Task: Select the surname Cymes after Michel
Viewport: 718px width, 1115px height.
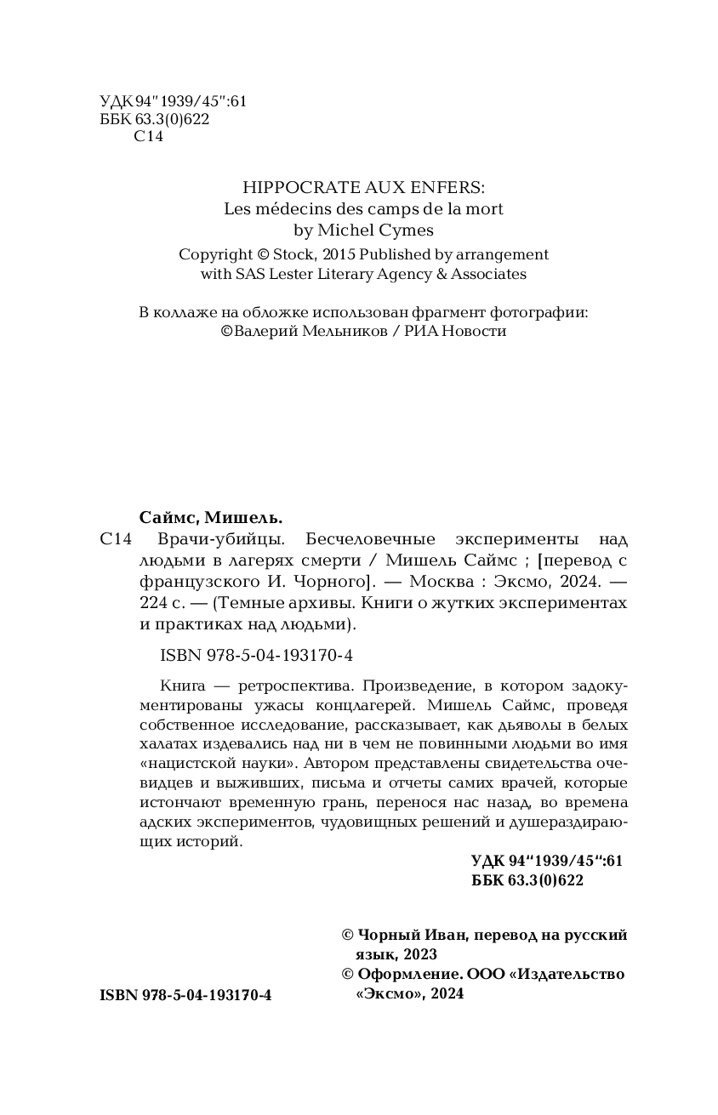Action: point(404,230)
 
